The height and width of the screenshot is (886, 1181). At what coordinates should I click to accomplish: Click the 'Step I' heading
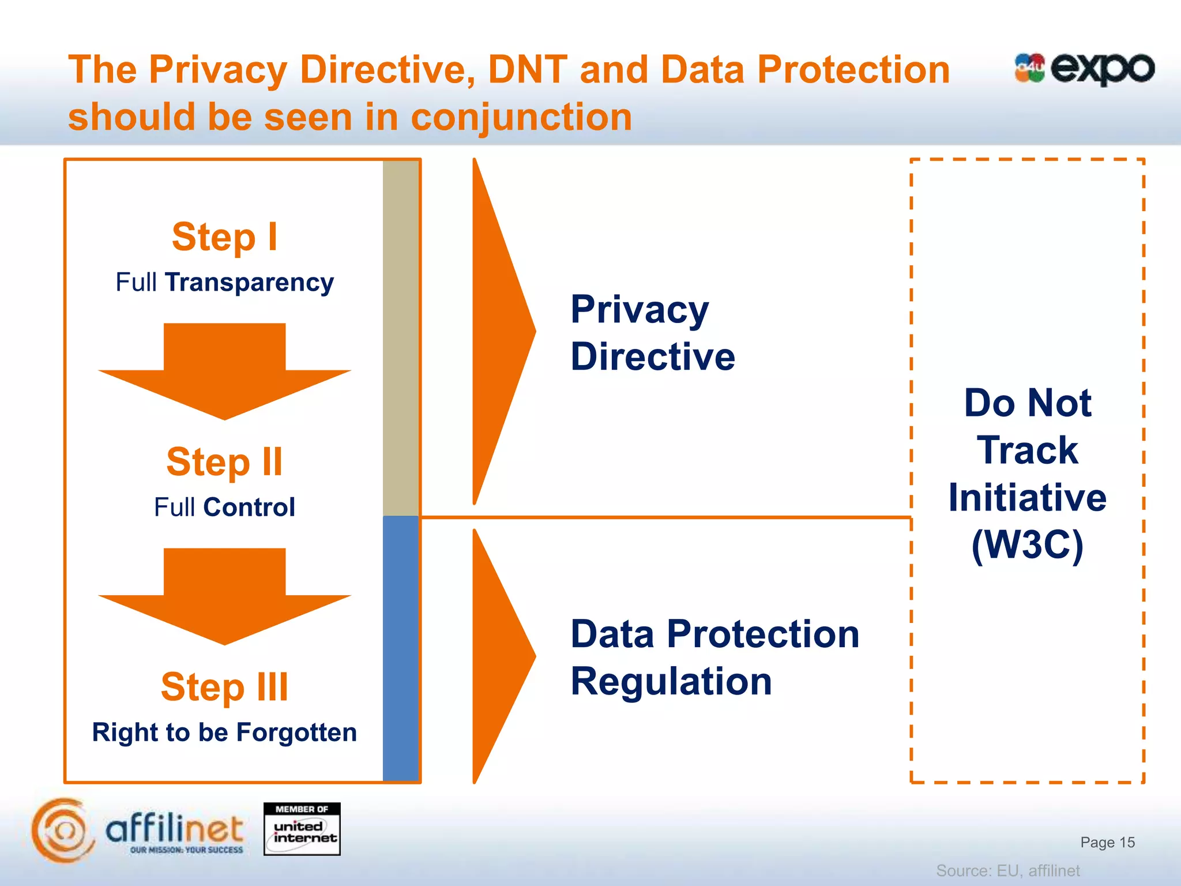click(224, 237)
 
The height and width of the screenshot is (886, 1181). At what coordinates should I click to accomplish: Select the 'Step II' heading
click(224, 462)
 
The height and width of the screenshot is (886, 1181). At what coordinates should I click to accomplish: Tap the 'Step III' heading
click(224, 687)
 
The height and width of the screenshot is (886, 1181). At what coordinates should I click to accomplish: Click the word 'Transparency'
click(249, 283)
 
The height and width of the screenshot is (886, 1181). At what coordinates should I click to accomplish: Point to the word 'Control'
click(249, 508)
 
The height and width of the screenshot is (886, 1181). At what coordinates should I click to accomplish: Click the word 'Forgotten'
click(296, 733)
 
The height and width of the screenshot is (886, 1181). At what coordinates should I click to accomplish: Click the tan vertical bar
click(401, 338)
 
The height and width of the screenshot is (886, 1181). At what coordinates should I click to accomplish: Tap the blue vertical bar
click(401, 648)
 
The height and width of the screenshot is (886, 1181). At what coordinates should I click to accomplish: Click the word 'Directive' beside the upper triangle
click(653, 356)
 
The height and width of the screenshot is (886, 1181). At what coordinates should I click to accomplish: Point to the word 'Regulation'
click(671, 681)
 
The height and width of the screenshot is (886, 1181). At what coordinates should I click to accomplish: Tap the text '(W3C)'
click(1028, 545)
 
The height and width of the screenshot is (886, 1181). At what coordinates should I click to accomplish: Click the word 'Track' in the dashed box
click(1028, 450)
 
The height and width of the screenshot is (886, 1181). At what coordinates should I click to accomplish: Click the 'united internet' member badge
click(302, 829)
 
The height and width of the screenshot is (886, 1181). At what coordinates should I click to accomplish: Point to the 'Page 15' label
click(1107, 842)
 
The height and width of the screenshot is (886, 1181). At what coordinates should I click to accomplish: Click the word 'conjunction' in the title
click(521, 117)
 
